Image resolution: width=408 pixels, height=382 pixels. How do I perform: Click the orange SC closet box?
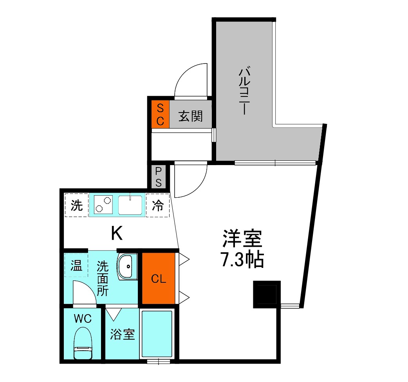coord(160,114)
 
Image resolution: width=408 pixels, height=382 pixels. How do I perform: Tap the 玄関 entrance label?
coord(191,116)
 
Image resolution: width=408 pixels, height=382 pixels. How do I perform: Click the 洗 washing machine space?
coord(77,205)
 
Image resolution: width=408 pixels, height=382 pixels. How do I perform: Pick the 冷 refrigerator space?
coord(157,205)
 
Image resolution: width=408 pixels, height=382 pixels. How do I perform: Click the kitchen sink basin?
coord(131,205)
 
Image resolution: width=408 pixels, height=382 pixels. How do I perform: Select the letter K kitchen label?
coord(117,234)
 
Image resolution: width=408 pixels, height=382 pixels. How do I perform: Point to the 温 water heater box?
coord(76,266)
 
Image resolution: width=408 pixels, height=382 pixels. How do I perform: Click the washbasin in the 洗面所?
coord(127,266)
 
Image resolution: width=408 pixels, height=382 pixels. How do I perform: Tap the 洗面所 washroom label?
coord(103,278)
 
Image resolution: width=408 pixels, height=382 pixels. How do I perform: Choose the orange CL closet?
coord(158,279)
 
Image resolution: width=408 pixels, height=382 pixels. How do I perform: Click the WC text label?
coord(83,318)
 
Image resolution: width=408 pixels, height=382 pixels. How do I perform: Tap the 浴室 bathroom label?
coord(122,334)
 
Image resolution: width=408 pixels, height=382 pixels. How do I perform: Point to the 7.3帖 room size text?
coord(242,260)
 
